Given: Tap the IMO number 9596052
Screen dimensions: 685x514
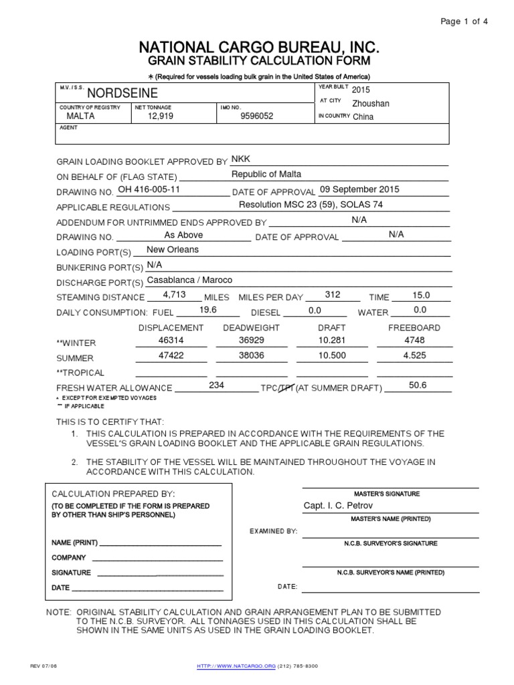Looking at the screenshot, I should [x=257, y=116].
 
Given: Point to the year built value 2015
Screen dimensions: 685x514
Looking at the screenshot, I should [x=360, y=90].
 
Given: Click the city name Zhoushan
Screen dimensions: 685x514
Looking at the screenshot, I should [x=370, y=104].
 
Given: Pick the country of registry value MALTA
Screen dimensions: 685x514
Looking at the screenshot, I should [x=80, y=116].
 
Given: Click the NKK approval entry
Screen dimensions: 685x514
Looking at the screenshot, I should [x=240, y=159].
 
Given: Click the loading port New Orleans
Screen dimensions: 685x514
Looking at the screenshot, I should [x=173, y=250].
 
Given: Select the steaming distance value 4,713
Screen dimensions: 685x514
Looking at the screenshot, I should [x=174, y=295].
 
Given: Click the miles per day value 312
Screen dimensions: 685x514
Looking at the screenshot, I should [x=333, y=295].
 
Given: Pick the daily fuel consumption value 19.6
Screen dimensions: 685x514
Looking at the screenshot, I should [x=209, y=310].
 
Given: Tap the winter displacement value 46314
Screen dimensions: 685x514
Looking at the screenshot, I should [x=170, y=340].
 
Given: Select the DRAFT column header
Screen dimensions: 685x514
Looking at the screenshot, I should [x=331, y=328].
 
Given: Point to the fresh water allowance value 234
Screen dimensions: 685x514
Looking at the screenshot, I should [x=216, y=385].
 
